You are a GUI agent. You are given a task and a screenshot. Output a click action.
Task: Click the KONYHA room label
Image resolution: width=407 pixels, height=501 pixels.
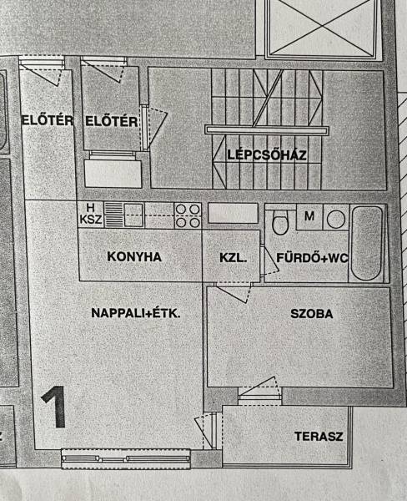point(134,257)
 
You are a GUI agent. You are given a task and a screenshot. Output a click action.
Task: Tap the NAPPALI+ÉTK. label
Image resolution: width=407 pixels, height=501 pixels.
point(136,313)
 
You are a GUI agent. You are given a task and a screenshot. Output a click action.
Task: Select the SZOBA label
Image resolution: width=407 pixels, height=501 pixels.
point(312,314)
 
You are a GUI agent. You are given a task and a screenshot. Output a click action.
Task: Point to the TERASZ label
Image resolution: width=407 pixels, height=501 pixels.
point(319,437)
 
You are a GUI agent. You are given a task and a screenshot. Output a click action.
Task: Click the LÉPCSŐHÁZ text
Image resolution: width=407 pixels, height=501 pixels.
point(267,155)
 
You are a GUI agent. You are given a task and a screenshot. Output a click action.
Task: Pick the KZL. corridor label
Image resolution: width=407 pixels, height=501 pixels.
point(233,258)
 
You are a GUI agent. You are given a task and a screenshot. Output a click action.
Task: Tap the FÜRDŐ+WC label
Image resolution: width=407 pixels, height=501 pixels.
point(312,258)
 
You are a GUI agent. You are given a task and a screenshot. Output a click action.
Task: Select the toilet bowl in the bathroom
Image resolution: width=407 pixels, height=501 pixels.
point(280,222)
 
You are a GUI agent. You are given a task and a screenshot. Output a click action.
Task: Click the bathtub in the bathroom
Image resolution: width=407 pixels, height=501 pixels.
point(366,244)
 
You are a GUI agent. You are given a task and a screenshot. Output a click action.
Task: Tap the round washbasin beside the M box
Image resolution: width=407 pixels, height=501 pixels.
point(336,220)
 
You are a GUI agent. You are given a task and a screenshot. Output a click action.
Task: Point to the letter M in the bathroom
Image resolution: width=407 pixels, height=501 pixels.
point(309,216)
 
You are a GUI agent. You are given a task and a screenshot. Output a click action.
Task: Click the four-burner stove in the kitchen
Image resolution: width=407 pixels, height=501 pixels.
point(188,215)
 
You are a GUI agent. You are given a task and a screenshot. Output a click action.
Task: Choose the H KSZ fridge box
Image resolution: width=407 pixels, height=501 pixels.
point(91,215)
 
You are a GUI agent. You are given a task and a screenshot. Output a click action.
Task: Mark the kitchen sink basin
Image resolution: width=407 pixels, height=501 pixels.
point(133,215)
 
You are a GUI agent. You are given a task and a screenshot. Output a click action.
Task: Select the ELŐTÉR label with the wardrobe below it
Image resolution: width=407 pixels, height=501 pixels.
point(112,122)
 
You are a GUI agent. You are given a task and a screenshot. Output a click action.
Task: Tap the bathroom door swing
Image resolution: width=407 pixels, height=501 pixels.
point(270,261)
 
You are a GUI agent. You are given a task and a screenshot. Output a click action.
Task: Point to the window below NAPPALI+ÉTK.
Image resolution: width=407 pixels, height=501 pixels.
point(126,458)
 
